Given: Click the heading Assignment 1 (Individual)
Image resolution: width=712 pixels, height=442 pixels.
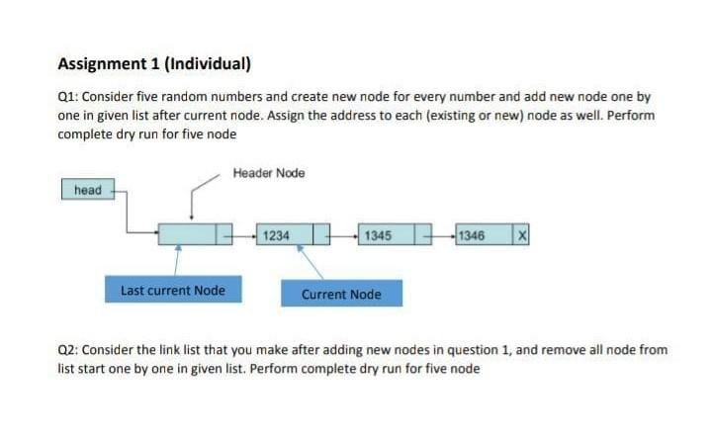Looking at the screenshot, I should tap(154, 64).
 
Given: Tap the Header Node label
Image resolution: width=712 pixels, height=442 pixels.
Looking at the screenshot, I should tap(269, 173).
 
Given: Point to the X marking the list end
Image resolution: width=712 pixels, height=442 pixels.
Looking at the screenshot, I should tap(520, 235).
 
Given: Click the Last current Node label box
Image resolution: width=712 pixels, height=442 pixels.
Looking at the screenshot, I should tap(173, 291).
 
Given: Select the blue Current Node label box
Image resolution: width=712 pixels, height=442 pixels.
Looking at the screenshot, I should tap(341, 294).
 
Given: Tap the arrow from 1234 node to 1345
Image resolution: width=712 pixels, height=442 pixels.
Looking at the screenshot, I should tap(342, 235).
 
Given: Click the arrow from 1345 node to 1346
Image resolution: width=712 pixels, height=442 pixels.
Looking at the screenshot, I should tap(441, 235).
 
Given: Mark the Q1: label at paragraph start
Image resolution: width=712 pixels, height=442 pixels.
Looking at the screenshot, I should tap(71, 98).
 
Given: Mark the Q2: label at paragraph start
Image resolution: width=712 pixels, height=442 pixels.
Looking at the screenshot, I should tap(71, 350).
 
